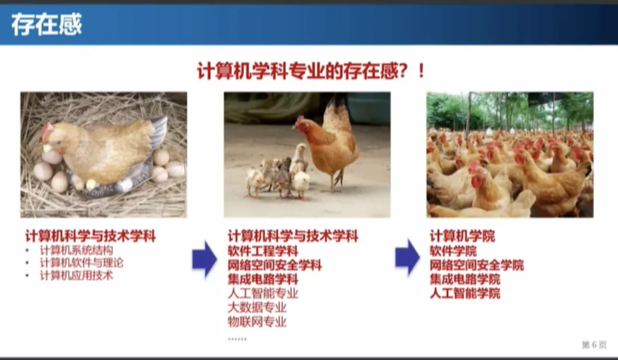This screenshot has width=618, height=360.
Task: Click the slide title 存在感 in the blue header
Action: coord(46,25)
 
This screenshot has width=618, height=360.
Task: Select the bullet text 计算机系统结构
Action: coord(77,250)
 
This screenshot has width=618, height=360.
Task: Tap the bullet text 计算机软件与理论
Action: coord(82,263)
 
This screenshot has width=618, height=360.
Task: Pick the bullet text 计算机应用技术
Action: coord(77,275)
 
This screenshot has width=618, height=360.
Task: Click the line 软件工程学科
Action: coord(263,251)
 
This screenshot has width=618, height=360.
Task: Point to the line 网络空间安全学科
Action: coord(275,265)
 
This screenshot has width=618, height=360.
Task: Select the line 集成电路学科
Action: coord(263,279)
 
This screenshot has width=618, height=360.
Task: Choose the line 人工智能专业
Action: coord(263,294)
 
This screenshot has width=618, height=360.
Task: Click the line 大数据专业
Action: coord(257,307)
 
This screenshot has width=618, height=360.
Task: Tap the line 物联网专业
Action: coord(257,322)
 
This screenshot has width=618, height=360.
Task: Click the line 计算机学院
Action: coord(462,236)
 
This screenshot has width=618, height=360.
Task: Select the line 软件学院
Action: coord(453,251)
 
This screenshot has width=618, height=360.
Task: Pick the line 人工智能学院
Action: coord(465,294)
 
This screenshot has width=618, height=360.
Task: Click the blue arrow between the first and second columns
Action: coord(204,259)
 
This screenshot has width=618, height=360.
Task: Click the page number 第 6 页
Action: coord(594,345)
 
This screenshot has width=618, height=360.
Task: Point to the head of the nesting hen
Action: coord(51,137)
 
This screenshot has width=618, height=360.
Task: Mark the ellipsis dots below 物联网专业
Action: coord(237,339)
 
